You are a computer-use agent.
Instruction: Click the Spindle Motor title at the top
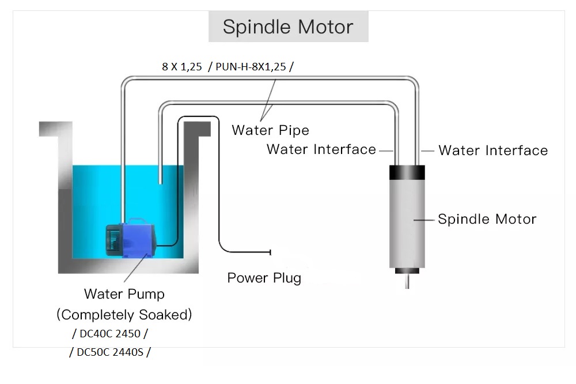click(288, 27)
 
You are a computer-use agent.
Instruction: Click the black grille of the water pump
click(113, 240)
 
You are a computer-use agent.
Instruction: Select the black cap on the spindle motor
click(407, 172)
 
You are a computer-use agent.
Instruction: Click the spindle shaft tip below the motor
click(407, 288)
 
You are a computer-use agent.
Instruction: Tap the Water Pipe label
click(270, 130)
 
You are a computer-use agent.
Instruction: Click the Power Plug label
click(264, 278)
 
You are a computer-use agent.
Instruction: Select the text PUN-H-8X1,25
click(251, 66)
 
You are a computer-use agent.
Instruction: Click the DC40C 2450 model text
click(110, 334)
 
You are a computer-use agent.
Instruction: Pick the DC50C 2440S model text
click(110, 352)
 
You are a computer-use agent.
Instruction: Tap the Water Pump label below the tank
click(124, 294)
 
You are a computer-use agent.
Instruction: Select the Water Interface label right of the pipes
click(493, 150)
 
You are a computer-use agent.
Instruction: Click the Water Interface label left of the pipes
click(321, 149)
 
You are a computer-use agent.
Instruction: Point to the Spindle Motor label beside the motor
click(487, 219)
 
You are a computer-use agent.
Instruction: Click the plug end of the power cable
click(270, 252)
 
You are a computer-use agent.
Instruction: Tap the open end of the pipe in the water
click(160, 182)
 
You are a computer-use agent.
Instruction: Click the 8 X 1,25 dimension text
click(182, 66)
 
